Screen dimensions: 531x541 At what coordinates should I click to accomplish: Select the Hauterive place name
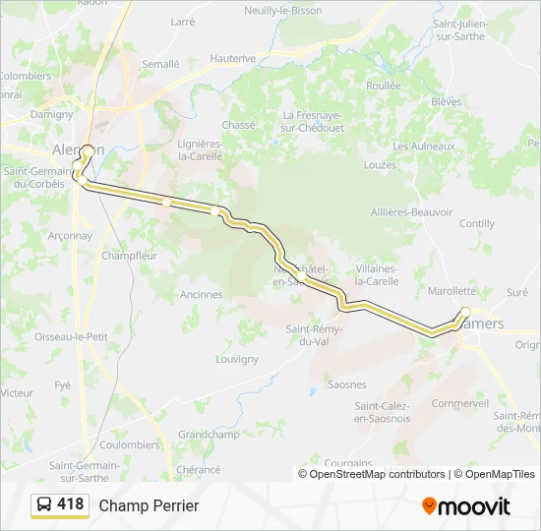233,59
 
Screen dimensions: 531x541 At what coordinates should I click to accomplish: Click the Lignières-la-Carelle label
201,149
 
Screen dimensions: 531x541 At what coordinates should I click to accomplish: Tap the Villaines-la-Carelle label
377,274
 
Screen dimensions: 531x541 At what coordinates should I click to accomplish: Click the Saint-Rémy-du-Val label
313,335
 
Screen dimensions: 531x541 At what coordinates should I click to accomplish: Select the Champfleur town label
129,256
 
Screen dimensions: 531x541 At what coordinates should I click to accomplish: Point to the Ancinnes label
202,294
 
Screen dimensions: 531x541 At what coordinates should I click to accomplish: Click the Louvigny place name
236,359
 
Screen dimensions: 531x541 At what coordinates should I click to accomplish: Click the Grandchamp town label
209,434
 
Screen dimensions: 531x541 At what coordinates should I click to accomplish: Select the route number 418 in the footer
70,504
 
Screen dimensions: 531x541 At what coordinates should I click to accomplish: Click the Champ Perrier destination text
149,505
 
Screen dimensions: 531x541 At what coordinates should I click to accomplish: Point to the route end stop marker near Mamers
465,313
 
